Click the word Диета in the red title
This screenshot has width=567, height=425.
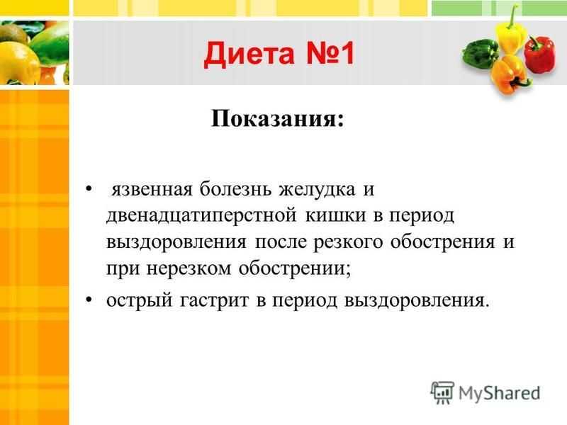pyautogui.click(x=250, y=55)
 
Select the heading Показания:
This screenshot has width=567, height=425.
pyautogui.click(x=277, y=118)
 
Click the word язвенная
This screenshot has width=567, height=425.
pyautogui.click(x=152, y=189)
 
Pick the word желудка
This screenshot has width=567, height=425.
pyautogui.click(x=317, y=190)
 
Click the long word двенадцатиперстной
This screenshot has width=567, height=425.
pyautogui.click(x=201, y=216)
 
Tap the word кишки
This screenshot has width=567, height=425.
pyautogui.click(x=336, y=215)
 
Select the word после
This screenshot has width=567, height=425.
pyautogui.click(x=281, y=242)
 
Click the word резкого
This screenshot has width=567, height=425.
pyautogui.click(x=347, y=243)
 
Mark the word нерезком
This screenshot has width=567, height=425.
pyautogui.click(x=189, y=269)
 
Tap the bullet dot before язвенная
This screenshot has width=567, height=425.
pyautogui.click(x=89, y=189)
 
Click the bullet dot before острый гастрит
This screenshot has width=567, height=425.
pyautogui.click(x=89, y=300)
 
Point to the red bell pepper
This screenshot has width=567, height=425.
pyautogui.click(x=540, y=54)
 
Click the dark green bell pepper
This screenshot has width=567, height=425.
pyautogui.click(x=480, y=54)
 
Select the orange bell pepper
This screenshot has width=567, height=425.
pyautogui.click(x=509, y=74)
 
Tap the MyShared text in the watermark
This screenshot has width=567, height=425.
pyautogui.click(x=499, y=393)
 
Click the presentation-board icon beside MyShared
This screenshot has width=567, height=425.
pyautogui.click(x=442, y=392)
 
